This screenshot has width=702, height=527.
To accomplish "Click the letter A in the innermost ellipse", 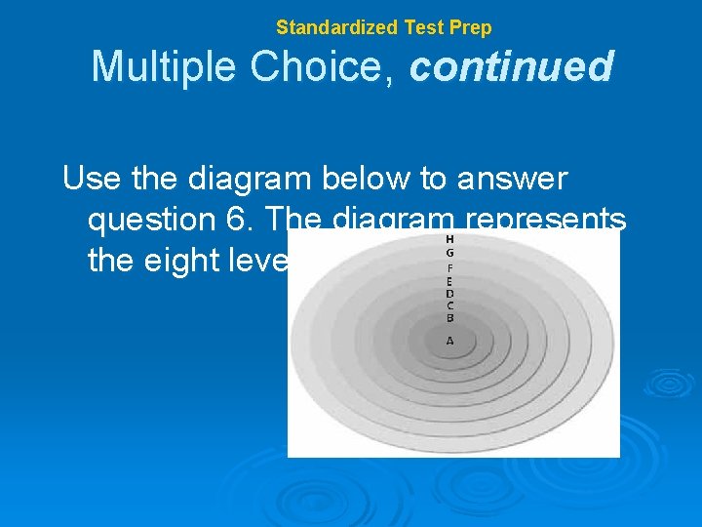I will tap(449, 341).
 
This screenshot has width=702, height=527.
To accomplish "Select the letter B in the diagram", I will tap(449, 318).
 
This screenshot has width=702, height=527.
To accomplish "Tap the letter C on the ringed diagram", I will tap(449, 305).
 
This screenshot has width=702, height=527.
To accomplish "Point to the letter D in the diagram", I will tap(449, 293).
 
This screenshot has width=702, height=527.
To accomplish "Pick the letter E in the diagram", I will tap(449, 281).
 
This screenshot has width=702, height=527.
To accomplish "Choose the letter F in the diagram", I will tap(449, 267).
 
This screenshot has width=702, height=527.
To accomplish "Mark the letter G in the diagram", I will tap(449, 253).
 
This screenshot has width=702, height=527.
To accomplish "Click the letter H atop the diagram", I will tap(449, 239).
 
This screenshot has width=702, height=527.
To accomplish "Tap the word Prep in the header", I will tap(471, 27).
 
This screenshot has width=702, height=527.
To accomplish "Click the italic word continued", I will tap(512, 67).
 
